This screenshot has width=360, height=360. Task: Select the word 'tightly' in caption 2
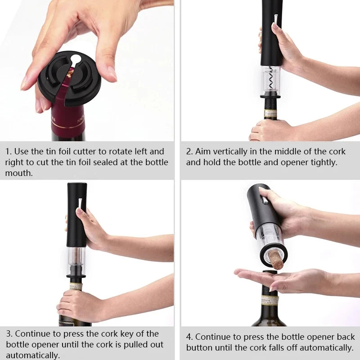tap(322, 162)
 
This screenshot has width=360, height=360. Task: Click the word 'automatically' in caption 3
tap(32, 355)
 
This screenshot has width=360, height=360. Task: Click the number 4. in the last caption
tap(189, 337)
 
